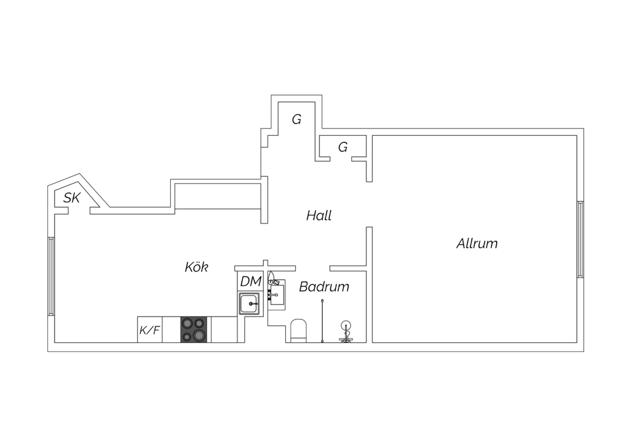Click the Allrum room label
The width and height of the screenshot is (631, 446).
(477, 244)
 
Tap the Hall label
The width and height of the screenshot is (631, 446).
(318, 215)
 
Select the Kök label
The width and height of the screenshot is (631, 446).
(196, 267)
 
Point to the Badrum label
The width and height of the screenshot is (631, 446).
(324, 287)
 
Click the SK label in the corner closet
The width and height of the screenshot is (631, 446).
(72, 198)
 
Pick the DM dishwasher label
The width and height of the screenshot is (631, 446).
(251, 281)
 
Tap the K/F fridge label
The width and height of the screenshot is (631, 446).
(150, 330)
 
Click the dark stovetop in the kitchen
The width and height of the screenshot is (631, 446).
(194, 329)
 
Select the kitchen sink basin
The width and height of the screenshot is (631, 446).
(249, 303)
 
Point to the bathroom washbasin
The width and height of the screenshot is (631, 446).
(277, 295)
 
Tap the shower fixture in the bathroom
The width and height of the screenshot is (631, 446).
(346, 332)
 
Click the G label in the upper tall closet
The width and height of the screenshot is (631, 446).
(296, 119)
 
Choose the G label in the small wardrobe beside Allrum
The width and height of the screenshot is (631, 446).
(343, 147)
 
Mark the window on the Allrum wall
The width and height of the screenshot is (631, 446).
(580, 239)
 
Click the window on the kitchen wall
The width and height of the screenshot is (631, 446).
(51, 276)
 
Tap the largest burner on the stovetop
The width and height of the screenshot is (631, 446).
(199, 335)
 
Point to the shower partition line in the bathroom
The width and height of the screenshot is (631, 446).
(322, 321)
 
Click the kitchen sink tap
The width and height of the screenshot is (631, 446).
(253, 304)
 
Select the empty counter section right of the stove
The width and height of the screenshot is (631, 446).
(224, 329)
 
